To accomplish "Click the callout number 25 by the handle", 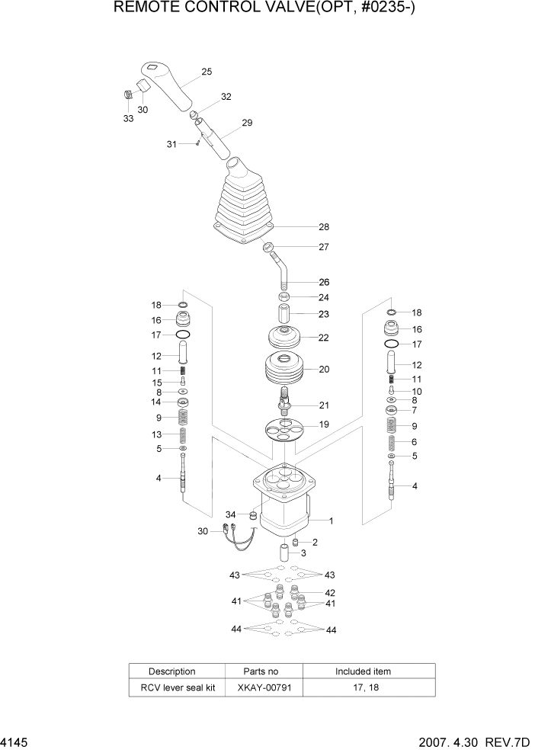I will pyautogui.click(x=207, y=72).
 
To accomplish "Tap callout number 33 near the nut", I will pyautogui.click(x=128, y=119).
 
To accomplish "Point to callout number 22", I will pyautogui.click(x=323, y=338).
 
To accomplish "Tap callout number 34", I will pyautogui.click(x=230, y=514).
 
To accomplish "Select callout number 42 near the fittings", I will pyautogui.click(x=330, y=592).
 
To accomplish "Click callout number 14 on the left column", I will pyautogui.click(x=157, y=402).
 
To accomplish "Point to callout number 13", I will pyautogui.click(x=157, y=434).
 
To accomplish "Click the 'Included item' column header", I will pyautogui.click(x=363, y=671).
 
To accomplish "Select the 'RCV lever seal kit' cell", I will pyautogui.click(x=172, y=687).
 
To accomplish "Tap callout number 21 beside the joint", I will pyautogui.click(x=323, y=405).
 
